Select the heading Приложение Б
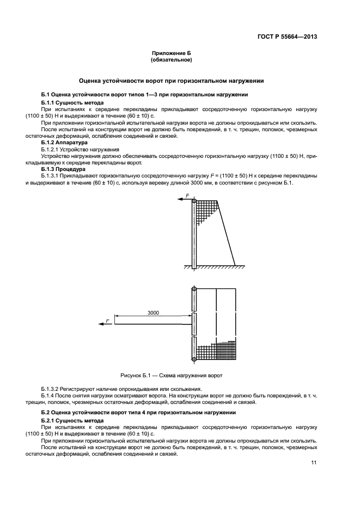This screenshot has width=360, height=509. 172,53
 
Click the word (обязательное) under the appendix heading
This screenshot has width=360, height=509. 172,60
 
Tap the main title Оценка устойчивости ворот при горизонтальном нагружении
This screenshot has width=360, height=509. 172,81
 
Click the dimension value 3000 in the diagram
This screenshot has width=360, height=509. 153,313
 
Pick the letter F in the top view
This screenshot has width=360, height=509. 107,321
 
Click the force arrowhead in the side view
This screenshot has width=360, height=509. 179,200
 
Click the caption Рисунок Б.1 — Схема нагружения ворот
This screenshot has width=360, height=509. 172,376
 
